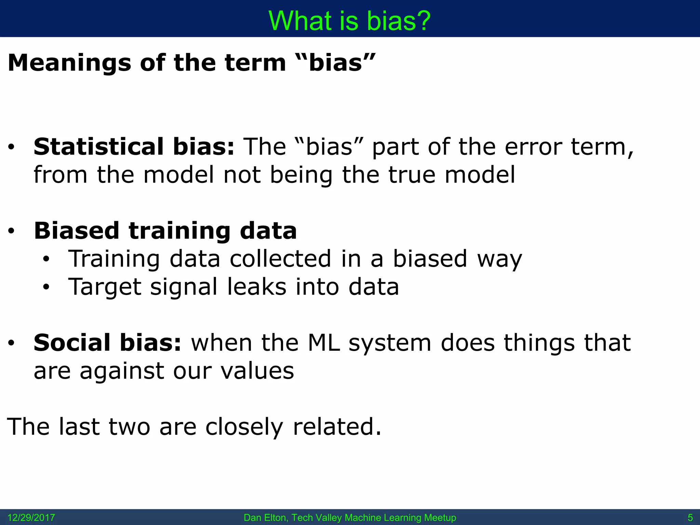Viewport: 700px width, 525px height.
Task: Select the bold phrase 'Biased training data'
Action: coord(165,231)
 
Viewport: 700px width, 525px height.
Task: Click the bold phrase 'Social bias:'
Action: coord(107,342)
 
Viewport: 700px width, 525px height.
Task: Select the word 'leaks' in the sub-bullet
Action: coord(257,287)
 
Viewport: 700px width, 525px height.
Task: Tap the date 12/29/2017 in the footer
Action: coord(31,517)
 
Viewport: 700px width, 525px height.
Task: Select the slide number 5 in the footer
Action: coord(690,517)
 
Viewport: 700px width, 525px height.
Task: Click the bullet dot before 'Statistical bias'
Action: coord(11,147)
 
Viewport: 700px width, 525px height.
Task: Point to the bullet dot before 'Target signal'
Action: coord(46,287)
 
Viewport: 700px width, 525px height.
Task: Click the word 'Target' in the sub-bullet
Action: coord(105,287)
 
